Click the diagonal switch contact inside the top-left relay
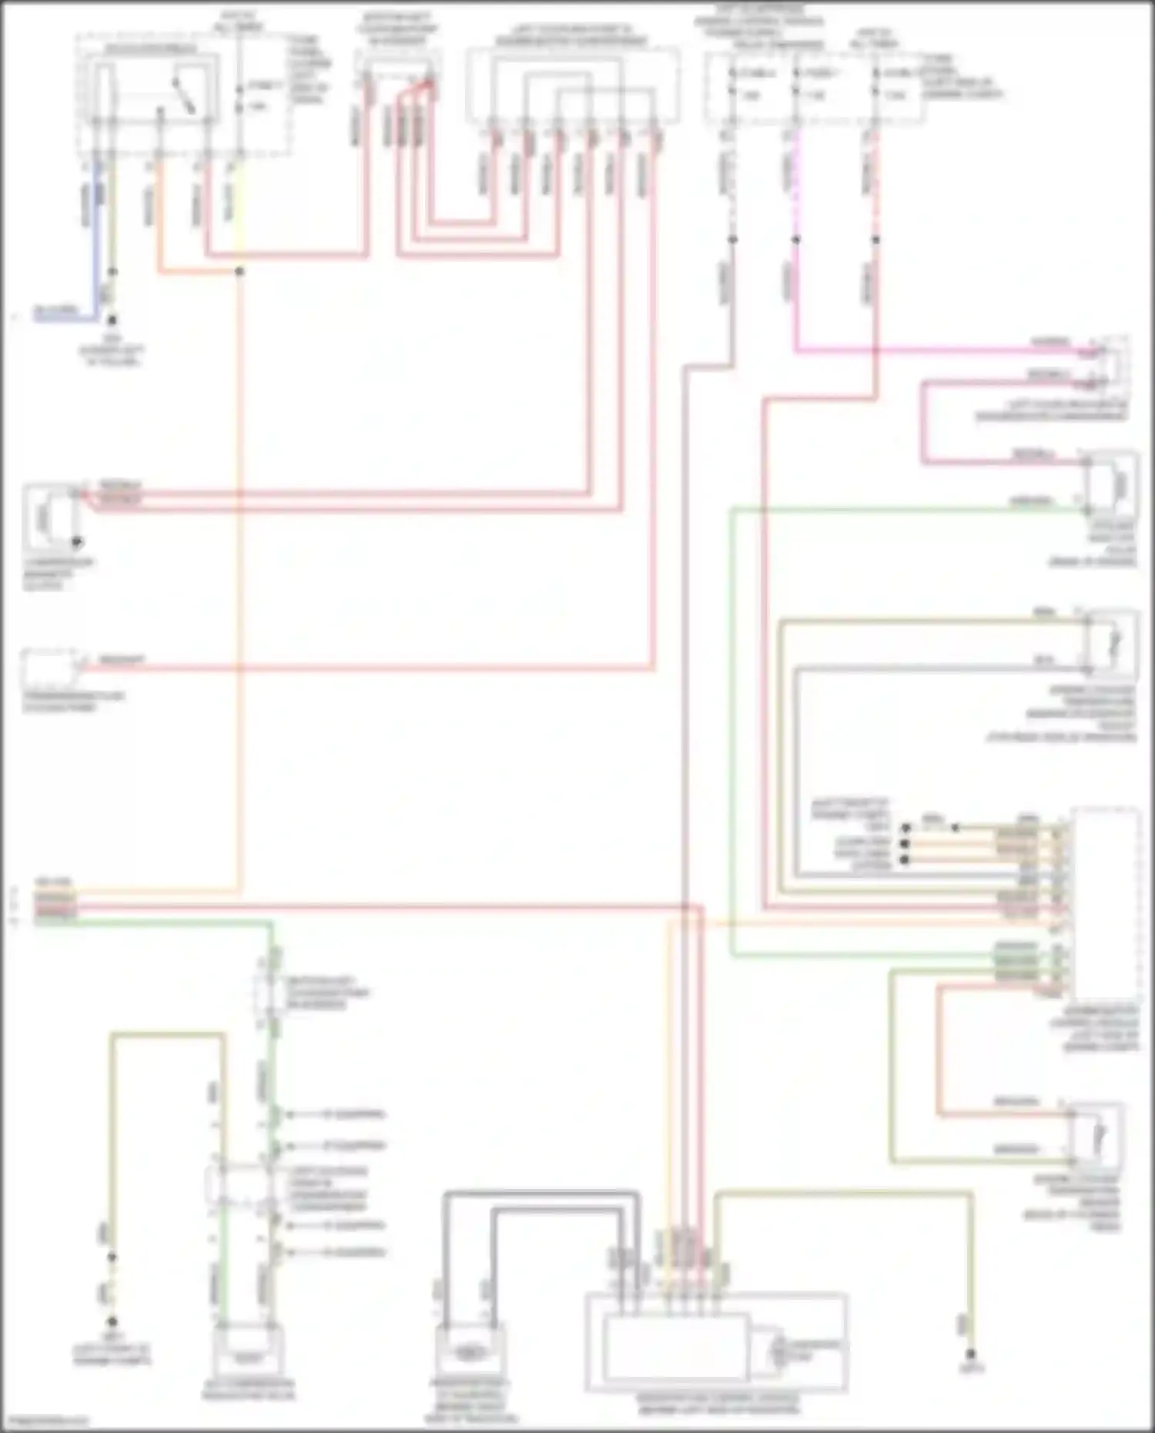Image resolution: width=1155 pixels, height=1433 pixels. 183,93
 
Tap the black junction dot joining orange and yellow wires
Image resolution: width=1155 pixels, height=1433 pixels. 239,272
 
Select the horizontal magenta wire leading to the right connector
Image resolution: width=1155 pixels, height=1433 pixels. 924,350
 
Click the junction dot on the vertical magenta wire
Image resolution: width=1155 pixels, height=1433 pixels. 795,239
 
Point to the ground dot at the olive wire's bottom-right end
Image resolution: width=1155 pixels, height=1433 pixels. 971,1354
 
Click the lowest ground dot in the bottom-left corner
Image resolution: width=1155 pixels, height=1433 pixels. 112,1321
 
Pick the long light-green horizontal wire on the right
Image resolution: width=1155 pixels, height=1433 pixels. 885,509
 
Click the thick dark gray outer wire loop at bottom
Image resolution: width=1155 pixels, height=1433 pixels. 539,1194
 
